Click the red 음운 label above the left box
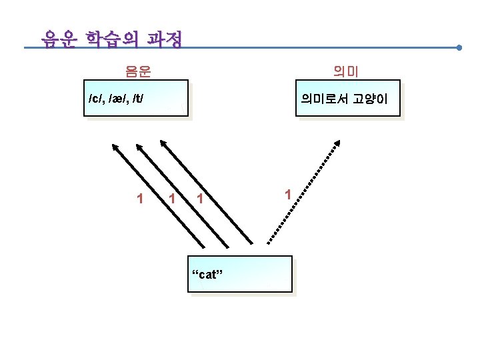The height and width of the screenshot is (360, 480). (138, 69)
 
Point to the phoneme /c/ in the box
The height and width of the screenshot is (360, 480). (96, 99)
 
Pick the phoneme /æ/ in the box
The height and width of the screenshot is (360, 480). (117, 99)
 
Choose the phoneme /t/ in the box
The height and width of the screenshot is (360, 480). (138, 99)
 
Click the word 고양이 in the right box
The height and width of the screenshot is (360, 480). (371, 99)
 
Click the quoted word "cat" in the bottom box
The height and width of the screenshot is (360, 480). (207, 275)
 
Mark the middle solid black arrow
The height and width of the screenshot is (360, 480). (182, 193)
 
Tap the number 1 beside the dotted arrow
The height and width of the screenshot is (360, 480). (287, 195)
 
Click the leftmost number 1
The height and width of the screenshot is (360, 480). (139, 198)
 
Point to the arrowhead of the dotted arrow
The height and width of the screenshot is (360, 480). (339, 143)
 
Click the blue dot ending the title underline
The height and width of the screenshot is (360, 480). (460, 48)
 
